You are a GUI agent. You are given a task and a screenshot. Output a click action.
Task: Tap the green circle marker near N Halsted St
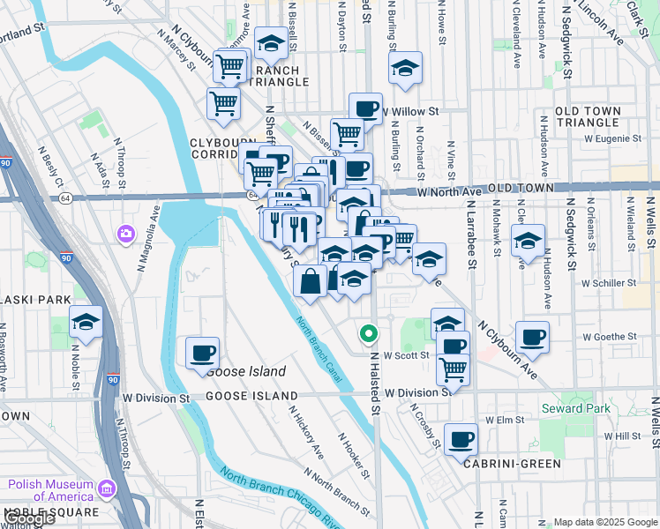point(369,334)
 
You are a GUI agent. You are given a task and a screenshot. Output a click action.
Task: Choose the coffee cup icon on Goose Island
point(202,353)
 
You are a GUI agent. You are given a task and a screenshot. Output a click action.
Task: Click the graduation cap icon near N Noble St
point(86,322)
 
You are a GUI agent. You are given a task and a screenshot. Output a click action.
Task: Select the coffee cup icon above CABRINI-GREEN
point(460,438)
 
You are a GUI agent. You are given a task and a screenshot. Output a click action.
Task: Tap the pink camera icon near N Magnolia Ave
point(126,234)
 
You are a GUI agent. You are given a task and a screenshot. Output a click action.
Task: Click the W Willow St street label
point(412,112)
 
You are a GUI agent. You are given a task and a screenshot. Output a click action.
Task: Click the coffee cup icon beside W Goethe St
point(531,336)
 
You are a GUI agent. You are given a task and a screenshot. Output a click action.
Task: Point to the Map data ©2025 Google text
point(604,522)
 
